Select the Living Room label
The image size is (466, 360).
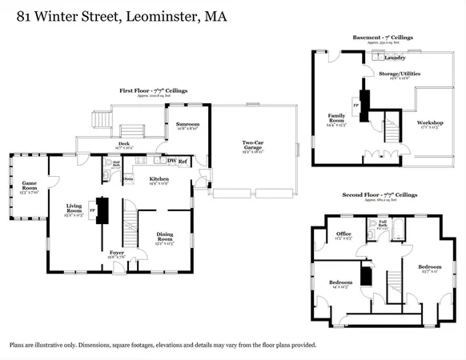(x=74, y=210)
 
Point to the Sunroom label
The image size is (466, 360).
(x=188, y=126)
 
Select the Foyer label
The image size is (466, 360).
(x=117, y=253)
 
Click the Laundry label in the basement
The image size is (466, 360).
(x=393, y=58)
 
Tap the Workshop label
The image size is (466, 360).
(x=429, y=123)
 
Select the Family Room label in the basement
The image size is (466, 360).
(x=335, y=119)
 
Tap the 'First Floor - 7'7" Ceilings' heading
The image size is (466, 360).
(x=151, y=91)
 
